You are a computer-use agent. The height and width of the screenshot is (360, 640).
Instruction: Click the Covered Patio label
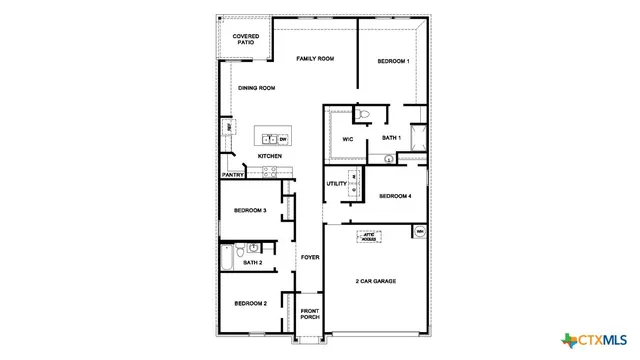[x=246, y=39]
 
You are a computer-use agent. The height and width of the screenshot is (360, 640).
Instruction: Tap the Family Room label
[x=315, y=59]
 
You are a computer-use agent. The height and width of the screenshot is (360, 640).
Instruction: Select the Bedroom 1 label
[x=393, y=62]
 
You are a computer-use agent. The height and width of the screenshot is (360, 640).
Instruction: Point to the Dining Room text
[x=256, y=88]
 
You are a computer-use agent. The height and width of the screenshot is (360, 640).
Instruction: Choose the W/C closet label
[x=349, y=138]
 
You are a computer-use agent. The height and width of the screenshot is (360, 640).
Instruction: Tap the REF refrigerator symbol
[x=229, y=127]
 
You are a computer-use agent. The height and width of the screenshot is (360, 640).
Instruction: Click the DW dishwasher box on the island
[x=283, y=139]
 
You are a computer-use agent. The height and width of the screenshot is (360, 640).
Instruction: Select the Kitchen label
[x=270, y=156]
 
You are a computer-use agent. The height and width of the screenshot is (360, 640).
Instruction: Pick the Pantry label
[x=233, y=175]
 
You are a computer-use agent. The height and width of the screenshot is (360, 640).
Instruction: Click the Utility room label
[x=337, y=184]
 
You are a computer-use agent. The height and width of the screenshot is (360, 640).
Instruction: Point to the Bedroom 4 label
[x=395, y=196]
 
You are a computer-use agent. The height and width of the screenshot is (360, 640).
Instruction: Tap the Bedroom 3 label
[x=250, y=211]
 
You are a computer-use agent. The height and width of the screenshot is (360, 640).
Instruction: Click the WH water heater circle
[x=420, y=232]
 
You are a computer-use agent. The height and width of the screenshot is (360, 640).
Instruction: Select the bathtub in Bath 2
[x=227, y=260]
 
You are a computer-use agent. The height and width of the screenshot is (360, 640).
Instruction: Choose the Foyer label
[x=310, y=257]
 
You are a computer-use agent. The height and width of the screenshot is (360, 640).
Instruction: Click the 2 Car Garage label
[x=376, y=281]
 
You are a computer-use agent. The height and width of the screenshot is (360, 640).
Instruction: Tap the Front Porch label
[x=310, y=315]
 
